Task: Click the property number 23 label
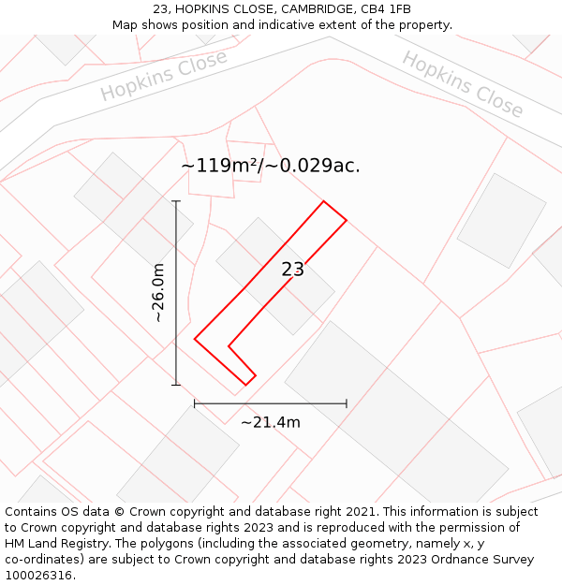pyautogui.click(x=293, y=270)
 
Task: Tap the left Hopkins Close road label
pyautogui.click(x=164, y=76)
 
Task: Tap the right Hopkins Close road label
pyautogui.click(x=463, y=84)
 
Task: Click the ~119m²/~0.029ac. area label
pyautogui.click(x=271, y=166)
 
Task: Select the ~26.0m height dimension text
pyautogui.click(x=159, y=293)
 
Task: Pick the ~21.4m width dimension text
pyautogui.click(x=271, y=422)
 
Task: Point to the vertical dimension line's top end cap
pyautogui.click(x=176, y=201)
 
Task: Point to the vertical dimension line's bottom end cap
pyautogui.click(x=176, y=384)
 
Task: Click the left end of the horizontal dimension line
pyautogui.click(x=195, y=403)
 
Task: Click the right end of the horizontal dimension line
pyautogui.click(x=347, y=403)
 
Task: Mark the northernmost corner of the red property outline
pyautogui.click(x=324, y=201)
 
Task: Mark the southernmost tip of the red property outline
pyautogui.click(x=246, y=385)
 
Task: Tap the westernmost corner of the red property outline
pyautogui.click(x=195, y=339)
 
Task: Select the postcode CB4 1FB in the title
pyautogui.click(x=386, y=9)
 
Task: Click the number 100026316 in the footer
pyautogui.click(x=40, y=576)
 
